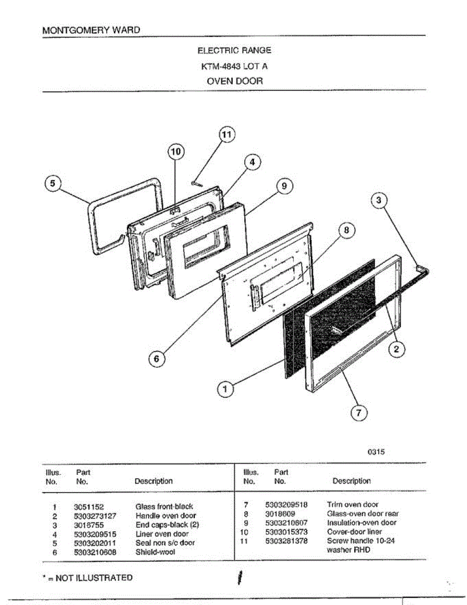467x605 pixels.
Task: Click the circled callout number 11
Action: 227,135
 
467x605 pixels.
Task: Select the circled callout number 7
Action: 358,413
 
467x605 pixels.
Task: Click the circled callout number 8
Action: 346,230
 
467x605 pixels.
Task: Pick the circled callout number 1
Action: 225,389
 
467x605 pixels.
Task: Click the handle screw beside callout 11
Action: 196,184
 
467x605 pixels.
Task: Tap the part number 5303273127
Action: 95,516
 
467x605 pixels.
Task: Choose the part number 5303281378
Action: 286,541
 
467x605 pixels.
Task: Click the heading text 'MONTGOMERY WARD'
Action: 91,30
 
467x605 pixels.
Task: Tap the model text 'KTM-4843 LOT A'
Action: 235,66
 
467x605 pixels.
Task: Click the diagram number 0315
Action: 376,452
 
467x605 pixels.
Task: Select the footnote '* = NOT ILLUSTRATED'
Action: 88,578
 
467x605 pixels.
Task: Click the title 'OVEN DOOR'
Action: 235,81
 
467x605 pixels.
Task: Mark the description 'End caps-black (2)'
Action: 167,525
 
